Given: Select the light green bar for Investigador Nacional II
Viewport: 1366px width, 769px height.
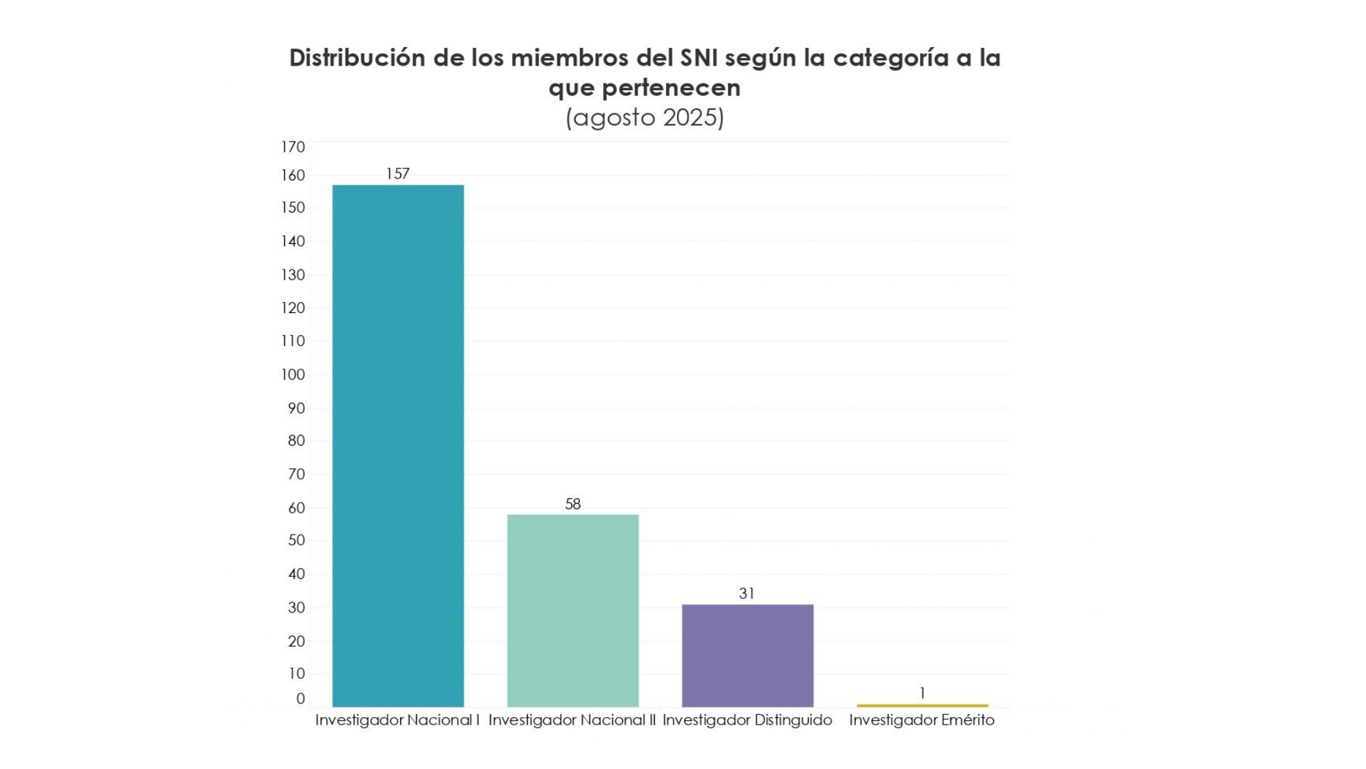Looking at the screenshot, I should (572, 610).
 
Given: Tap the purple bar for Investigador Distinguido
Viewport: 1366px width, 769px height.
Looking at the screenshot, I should (747, 656).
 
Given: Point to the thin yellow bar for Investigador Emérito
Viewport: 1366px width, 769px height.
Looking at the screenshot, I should (922, 705).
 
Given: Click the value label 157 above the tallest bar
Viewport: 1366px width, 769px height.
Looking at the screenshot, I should (398, 174).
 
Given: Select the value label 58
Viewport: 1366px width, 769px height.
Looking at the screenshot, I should (572, 504).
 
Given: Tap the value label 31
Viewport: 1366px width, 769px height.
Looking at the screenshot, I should (747, 593).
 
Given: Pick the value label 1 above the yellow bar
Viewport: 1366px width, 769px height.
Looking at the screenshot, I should (922, 693).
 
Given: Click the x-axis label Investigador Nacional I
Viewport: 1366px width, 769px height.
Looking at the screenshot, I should (397, 720).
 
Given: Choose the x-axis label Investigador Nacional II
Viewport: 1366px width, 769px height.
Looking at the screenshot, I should (572, 720).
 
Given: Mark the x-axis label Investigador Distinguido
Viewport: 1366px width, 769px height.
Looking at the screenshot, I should (747, 720).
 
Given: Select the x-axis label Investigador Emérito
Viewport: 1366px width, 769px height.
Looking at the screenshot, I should (921, 720).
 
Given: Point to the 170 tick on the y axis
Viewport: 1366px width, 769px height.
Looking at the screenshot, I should (293, 147).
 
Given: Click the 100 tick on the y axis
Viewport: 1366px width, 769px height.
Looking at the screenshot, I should (293, 375).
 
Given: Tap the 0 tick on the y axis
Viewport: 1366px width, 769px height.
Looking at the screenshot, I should (300, 699).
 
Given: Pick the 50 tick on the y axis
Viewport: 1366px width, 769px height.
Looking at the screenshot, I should (296, 540).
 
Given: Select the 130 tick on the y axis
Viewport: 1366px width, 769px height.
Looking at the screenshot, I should (293, 275).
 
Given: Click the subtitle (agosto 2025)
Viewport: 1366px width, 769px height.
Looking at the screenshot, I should (644, 118).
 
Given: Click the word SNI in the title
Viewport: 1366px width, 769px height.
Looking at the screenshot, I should (699, 58).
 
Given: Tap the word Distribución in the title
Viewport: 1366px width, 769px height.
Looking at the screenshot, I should (357, 58).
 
